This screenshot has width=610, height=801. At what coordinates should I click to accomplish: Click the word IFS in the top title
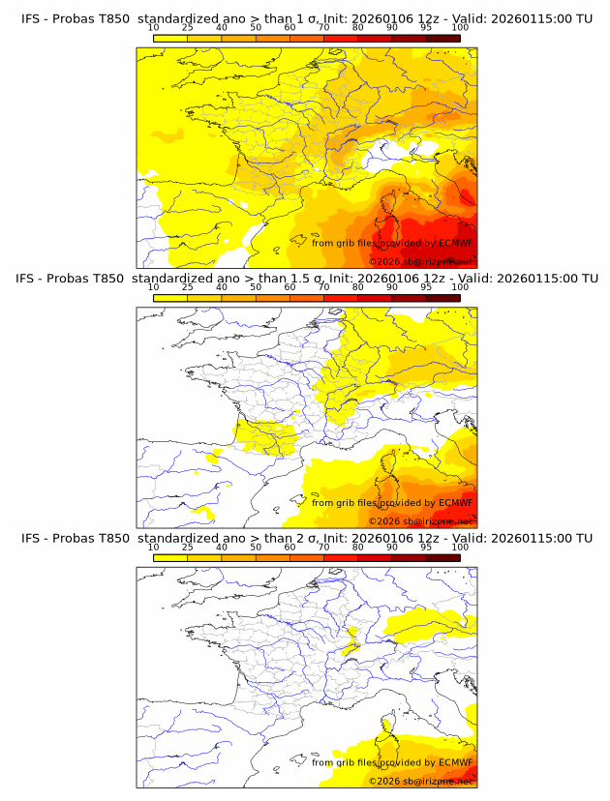[32, 19]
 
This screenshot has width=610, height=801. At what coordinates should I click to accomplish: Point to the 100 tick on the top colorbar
[459, 28]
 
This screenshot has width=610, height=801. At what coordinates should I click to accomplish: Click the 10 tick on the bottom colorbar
[154, 547]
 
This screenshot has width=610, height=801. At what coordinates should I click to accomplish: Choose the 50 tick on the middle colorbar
[256, 287]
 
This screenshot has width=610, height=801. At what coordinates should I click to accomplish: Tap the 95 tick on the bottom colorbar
[426, 547]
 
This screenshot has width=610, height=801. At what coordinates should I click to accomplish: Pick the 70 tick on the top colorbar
[323, 28]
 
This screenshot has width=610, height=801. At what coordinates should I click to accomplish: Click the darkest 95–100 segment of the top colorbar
[442, 38]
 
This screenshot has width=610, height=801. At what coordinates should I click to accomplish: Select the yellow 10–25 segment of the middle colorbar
[170, 297]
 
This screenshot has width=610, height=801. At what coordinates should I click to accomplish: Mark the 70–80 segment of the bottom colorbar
[341, 556]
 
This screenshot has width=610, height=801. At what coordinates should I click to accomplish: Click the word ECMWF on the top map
[456, 244]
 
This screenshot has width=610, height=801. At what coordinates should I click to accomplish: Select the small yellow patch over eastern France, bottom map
[352, 638]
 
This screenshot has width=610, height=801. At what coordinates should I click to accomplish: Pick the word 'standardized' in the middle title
[181, 279]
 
